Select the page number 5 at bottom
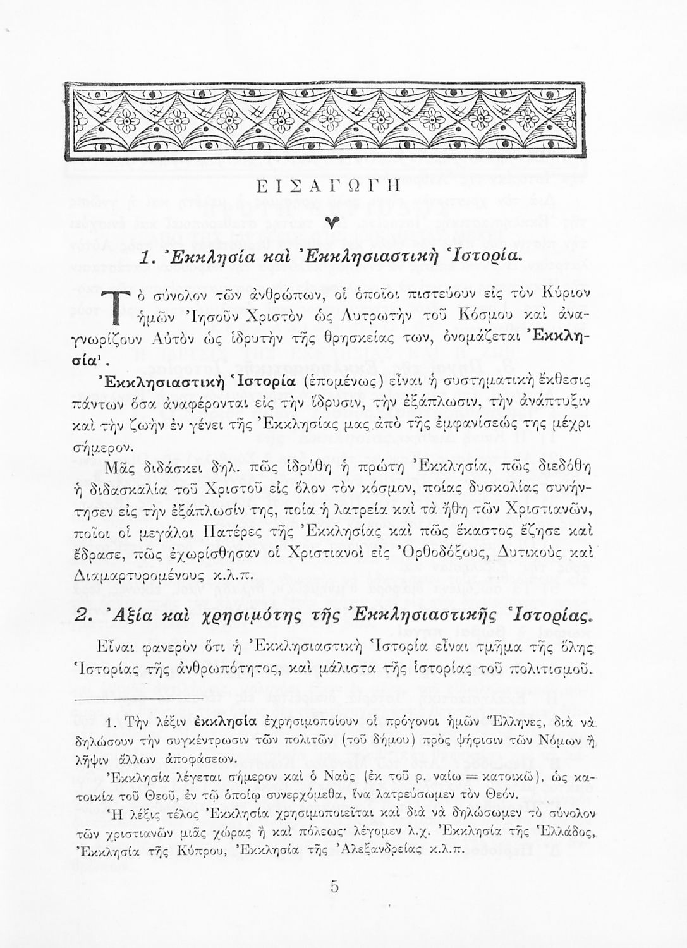[x=334, y=887]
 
